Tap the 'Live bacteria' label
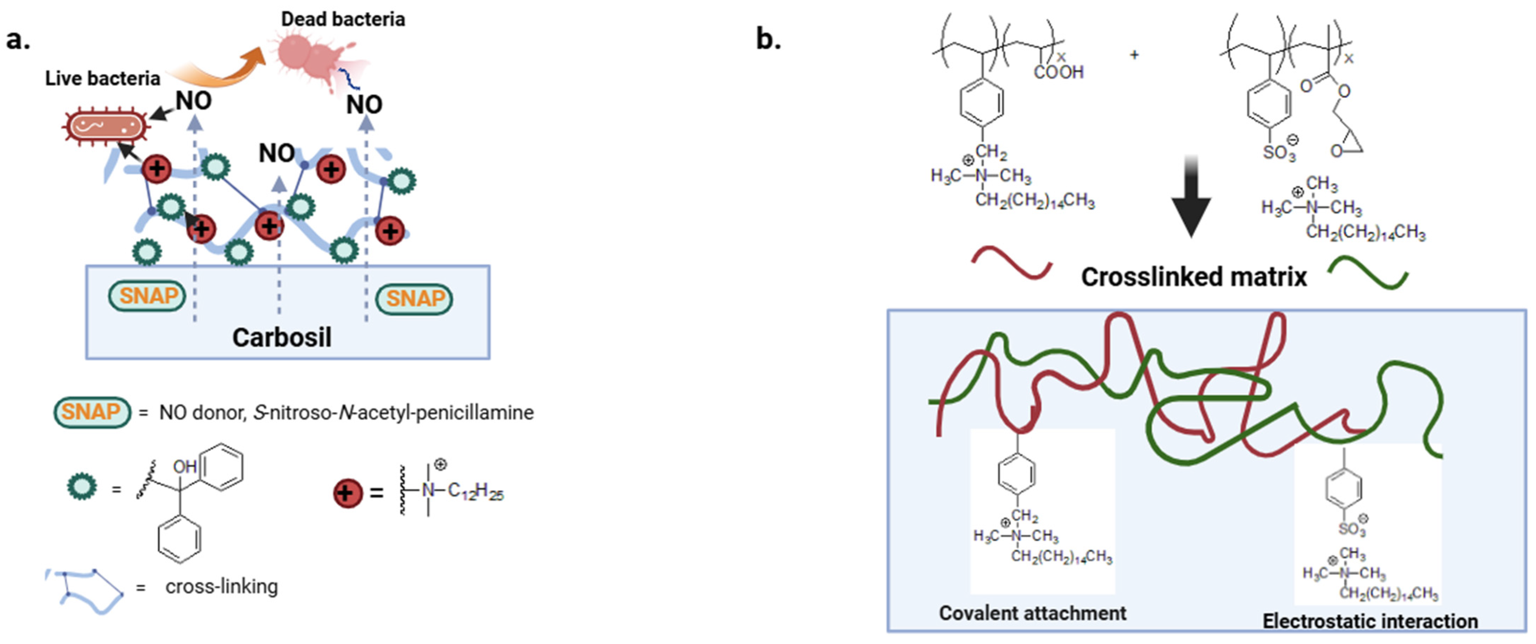pyautogui.click(x=102, y=78)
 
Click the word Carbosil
pyautogui.click(x=282, y=338)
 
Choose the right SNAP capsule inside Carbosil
pyautogui.click(x=414, y=299)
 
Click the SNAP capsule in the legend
pyautogui.click(x=92, y=412)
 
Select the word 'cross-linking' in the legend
pyautogui.click(x=221, y=587)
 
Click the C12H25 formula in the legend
pyautogui.click(x=475, y=491)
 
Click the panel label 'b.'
pyautogui.click(x=769, y=40)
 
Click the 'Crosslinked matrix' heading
pyautogui.click(x=1194, y=277)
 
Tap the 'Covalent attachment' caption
pyautogui.click(x=1032, y=613)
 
